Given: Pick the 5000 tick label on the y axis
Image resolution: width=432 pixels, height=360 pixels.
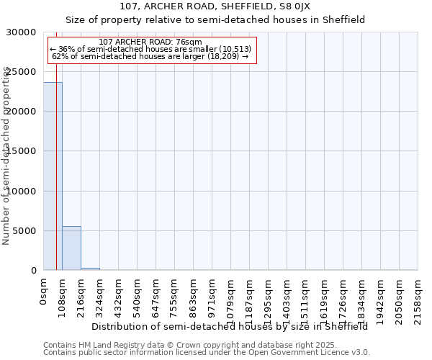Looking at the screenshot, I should [x=24, y=231].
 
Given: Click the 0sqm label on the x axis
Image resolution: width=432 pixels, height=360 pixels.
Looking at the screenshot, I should [x=44, y=292].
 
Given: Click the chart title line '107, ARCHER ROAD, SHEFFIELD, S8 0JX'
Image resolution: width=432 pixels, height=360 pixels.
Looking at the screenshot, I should [x=215, y=6].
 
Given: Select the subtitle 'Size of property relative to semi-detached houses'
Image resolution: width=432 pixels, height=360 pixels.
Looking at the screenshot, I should [x=215, y=19].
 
